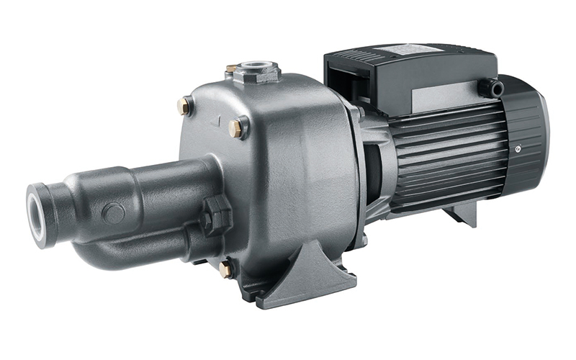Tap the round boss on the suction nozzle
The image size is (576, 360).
[112, 213]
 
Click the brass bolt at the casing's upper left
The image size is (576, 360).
[183, 107]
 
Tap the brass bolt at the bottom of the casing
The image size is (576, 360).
[225, 269]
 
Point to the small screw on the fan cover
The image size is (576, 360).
[518, 149]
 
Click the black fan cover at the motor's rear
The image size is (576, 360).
[529, 144]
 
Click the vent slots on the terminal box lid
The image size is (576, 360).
[367, 55]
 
